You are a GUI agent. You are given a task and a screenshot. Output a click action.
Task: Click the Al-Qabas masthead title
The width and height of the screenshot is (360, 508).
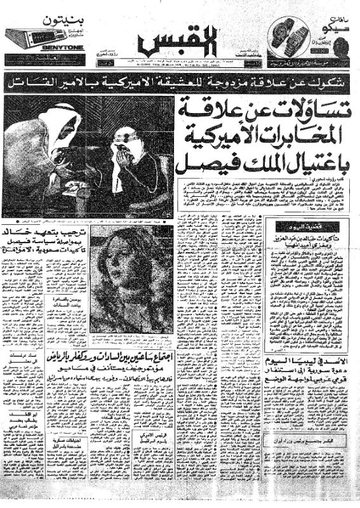click(180, 43)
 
